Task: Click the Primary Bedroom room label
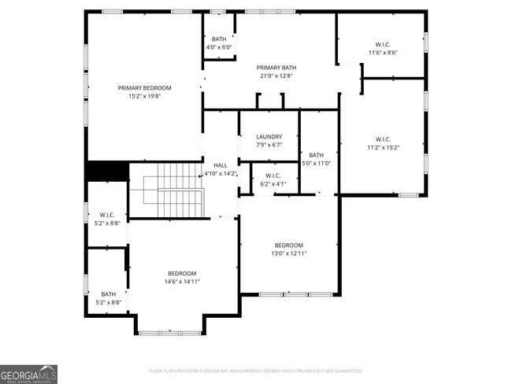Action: click(144, 88)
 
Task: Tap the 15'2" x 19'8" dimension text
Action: click(144, 97)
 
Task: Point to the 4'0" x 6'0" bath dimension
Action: click(218, 47)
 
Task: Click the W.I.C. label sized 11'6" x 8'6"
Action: click(383, 44)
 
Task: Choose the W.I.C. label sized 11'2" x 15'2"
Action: click(383, 138)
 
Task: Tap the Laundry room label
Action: click(269, 136)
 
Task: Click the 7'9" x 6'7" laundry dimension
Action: click(269, 145)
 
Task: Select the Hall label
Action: click(221, 165)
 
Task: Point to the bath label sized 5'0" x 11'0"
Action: click(317, 155)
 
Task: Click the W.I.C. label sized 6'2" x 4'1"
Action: click(273, 175)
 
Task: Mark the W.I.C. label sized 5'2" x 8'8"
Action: click(107, 215)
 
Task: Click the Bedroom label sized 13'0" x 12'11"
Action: click(288, 245)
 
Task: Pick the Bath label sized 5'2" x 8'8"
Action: click(107, 294)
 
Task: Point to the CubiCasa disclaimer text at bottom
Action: click(255, 370)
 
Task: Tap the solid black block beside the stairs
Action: click(107, 171)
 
